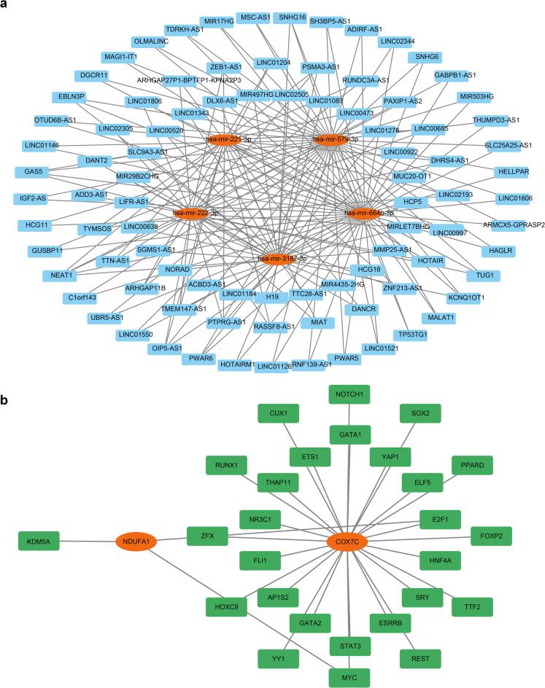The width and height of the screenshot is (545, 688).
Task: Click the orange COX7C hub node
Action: (347, 542)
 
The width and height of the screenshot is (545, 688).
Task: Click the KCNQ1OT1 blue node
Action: (487, 297)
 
